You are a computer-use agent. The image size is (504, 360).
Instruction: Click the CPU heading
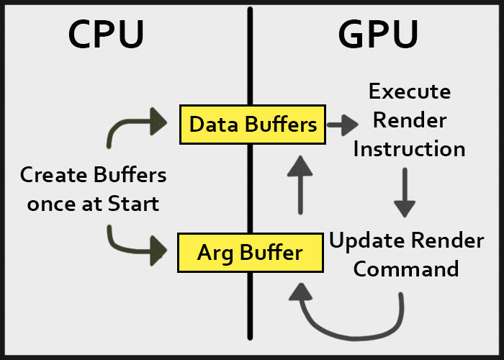106,35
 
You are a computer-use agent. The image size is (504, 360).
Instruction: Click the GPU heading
377,35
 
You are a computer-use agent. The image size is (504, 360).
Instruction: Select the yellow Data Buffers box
252,124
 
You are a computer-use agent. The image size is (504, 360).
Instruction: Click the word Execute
409,92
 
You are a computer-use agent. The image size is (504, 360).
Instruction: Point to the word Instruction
408,149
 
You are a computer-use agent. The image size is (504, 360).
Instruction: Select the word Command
406,269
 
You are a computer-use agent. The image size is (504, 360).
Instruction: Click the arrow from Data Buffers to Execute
342,125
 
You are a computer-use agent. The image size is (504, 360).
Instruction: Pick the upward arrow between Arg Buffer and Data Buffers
300,186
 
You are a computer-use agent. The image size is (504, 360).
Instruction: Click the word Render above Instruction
409,120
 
